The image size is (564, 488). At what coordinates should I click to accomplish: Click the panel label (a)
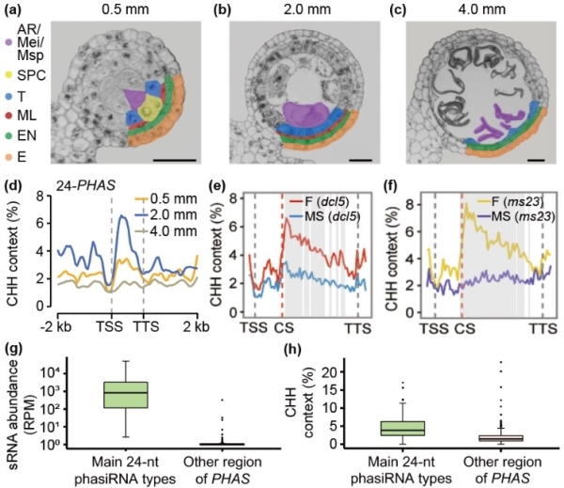[15, 11]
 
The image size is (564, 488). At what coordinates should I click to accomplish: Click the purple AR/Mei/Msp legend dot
[8, 42]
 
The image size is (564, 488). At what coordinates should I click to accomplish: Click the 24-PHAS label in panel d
[73, 198]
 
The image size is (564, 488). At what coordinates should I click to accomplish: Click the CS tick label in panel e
[283, 327]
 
